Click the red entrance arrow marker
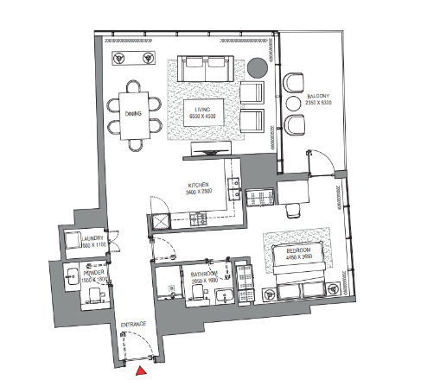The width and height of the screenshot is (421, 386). pos(139,370)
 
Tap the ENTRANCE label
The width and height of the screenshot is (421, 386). pos(132,324)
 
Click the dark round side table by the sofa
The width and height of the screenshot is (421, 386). pos(258,67)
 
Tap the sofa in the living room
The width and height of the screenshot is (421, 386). pos(205,69)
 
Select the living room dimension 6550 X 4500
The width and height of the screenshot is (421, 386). pos(205,118)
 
